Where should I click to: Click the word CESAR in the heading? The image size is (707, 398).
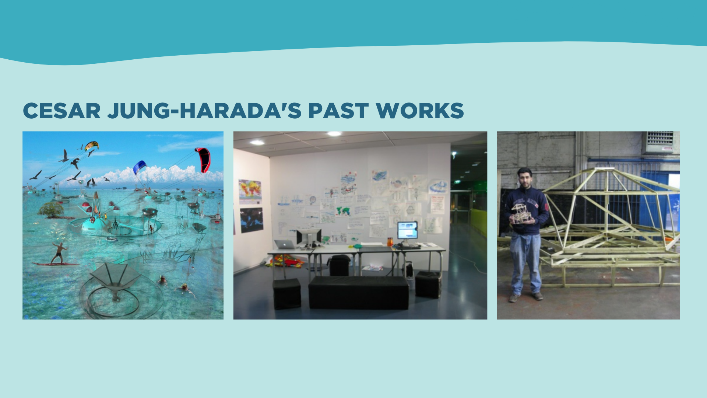62,111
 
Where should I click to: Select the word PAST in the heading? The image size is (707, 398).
338,111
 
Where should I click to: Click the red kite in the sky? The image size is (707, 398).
203,160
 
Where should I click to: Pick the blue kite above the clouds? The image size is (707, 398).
140,167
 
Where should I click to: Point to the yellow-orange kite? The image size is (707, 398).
91,146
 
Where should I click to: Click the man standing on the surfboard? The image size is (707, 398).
59,253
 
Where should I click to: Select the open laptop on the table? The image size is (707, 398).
285,244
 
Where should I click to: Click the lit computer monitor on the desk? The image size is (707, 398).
407,230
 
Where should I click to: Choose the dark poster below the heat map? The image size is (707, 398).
252,220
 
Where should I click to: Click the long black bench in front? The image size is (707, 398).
359,293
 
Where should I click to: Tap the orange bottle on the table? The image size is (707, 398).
390,242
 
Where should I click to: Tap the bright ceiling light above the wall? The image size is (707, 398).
334,134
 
